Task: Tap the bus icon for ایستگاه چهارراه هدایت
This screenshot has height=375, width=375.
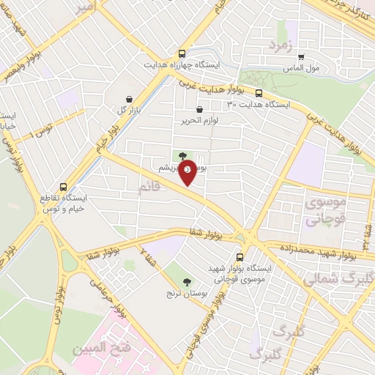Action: [182, 53]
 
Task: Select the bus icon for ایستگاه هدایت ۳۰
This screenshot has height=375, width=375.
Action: [259, 93]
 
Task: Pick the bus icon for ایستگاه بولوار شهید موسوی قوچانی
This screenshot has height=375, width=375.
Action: [240, 257]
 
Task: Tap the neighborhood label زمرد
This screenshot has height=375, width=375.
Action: [280, 46]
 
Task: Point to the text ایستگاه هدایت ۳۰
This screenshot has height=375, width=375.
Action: [259, 105]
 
